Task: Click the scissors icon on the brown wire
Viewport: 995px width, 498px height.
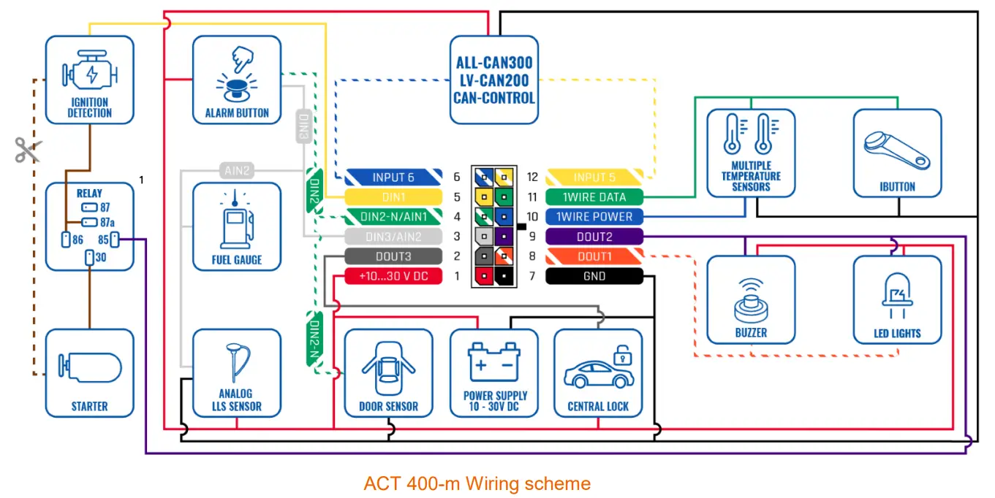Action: coord(28,150)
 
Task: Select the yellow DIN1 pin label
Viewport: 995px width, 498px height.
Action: coord(393,197)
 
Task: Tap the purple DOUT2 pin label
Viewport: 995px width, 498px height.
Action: coord(594,237)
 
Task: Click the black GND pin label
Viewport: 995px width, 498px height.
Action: coord(594,276)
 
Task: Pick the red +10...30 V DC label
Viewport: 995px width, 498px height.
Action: coord(393,276)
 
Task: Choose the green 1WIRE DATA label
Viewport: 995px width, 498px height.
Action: coord(594,197)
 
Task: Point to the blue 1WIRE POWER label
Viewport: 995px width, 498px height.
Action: coord(594,217)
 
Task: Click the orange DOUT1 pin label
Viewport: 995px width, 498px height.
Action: coord(594,256)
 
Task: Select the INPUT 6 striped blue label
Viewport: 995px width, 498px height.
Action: coord(393,177)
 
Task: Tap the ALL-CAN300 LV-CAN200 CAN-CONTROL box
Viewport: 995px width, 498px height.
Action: coord(493,80)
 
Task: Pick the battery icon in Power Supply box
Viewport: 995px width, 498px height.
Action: coord(494,361)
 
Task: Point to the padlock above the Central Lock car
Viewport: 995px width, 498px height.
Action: coord(621,355)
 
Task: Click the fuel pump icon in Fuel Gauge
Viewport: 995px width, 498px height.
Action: coord(236,219)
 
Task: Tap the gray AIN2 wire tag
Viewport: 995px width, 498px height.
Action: coord(238,171)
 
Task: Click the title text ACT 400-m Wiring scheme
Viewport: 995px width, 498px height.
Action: coord(477,483)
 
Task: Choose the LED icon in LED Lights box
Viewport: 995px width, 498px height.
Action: coord(897,296)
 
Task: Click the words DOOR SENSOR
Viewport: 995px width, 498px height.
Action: coord(388,406)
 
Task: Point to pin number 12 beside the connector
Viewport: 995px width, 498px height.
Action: coord(532,177)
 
